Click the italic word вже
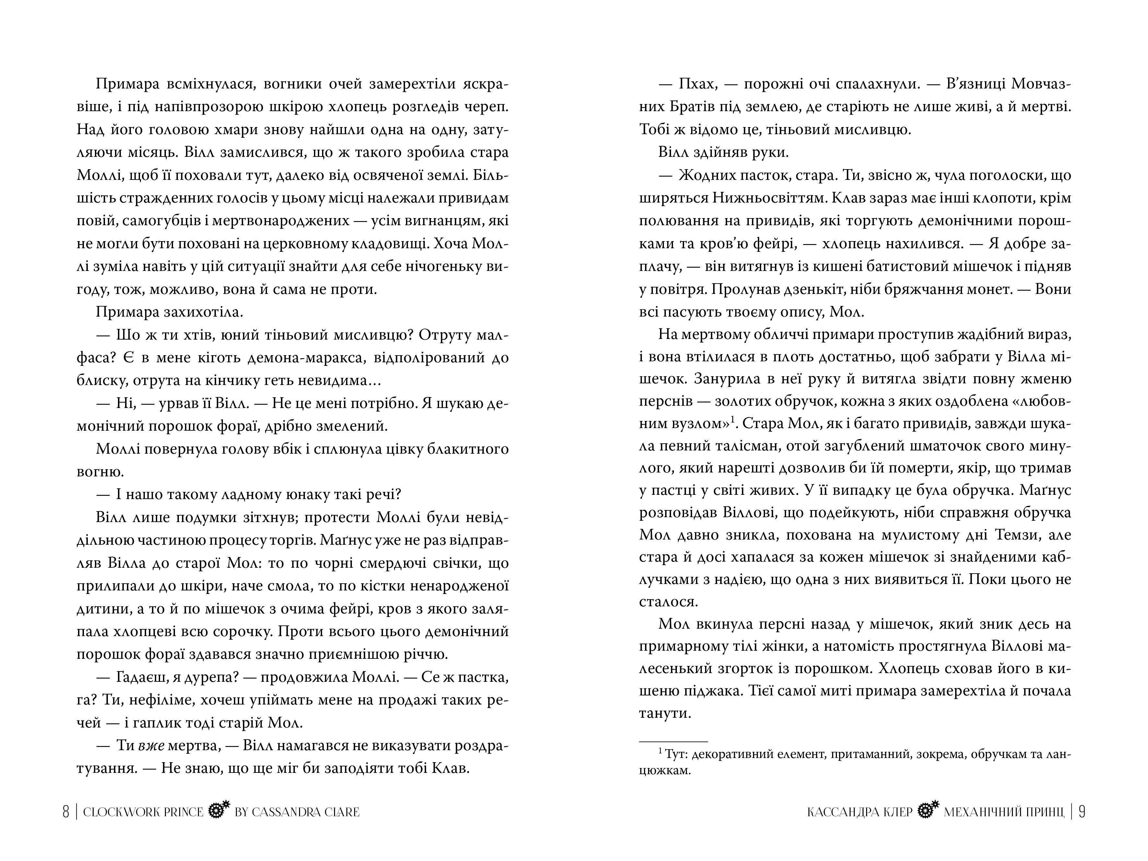click(x=152, y=746)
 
